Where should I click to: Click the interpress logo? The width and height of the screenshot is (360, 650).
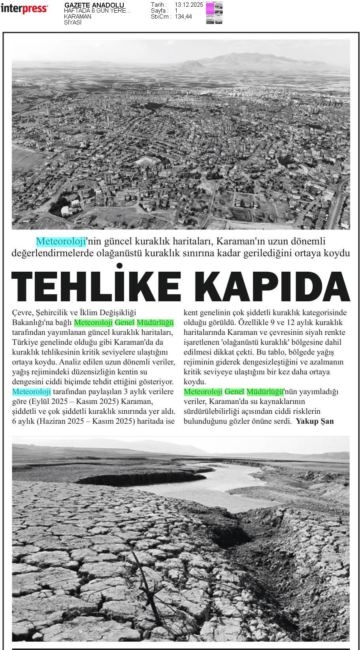click(x=24, y=9)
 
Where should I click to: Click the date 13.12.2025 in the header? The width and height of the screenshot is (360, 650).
click(x=188, y=5)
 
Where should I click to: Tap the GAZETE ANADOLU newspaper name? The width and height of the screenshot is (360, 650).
click(x=94, y=5)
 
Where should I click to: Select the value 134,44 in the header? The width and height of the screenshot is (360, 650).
click(x=183, y=17)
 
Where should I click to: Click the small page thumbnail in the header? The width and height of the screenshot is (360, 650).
click(x=214, y=13)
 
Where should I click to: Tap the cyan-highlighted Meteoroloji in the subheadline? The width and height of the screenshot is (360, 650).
click(x=61, y=241)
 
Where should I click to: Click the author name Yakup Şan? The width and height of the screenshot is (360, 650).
click(x=315, y=421)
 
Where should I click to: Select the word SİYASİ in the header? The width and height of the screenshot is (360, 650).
click(x=73, y=23)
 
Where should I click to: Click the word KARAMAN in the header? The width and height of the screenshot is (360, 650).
click(x=77, y=17)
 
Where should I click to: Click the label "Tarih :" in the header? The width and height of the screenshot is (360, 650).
click(x=159, y=5)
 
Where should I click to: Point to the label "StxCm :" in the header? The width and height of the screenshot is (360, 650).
click(x=161, y=17)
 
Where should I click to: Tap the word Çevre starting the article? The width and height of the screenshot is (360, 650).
click(x=23, y=313)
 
